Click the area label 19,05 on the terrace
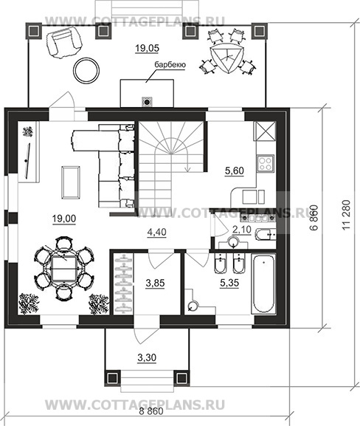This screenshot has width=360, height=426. pyautogui.click(x=147, y=49)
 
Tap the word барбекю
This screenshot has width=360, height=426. pyautogui.click(x=170, y=65)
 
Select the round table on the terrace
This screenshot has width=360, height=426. pyautogui.click(x=86, y=70)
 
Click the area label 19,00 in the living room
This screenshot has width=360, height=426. pyautogui.click(x=64, y=219)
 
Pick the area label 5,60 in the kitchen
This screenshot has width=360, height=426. pyautogui.click(x=235, y=171)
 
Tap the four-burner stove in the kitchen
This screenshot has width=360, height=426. pyautogui.click(x=266, y=164)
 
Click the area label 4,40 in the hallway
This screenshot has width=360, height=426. pyautogui.click(x=156, y=233)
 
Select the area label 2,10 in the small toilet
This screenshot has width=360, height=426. pyautogui.click(x=242, y=230)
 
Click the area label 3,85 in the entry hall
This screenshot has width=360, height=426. pyautogui.click(x=155, y=283)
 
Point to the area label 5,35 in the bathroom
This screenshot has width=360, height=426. pyautogui.click(x=229, y=283)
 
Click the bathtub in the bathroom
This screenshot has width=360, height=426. pyautogui.click(x=263, y=284)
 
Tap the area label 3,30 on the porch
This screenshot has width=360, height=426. pyautogui.click(x=147, y=358)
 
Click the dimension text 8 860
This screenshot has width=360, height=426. pyautogui.click(x=151, y=411)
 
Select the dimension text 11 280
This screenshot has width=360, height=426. pyautogui.click(x=347, y=215)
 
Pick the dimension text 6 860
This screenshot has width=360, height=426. pyautogui.click(x=314, y=218)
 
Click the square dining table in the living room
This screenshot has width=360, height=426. pyautogui.click(x=63, y=269)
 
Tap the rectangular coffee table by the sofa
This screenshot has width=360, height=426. pyautogui.click(x=71, y=182)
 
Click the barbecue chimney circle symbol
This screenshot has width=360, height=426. pyautogui.click(x=147, y=102)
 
